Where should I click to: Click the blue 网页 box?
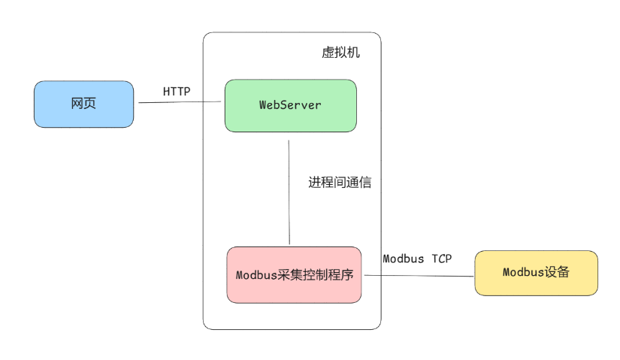(83, 104)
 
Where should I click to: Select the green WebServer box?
(290, 105)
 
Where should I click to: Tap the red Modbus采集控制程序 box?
(294, 275)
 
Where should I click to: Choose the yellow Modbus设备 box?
(536, 273)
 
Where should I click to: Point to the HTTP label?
(177, 92)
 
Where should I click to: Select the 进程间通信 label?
(339, 182)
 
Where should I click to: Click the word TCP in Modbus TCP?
(442, 259)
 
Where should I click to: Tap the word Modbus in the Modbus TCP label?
(404, 259)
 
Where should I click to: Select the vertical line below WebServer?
(289, 192)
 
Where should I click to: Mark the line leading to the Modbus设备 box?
(418, 275)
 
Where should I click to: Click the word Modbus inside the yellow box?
(524, 273)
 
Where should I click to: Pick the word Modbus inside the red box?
(256, 275)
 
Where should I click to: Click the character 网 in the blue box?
(77, 104)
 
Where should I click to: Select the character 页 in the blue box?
(90, 104)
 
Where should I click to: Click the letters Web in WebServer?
(269, 105)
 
